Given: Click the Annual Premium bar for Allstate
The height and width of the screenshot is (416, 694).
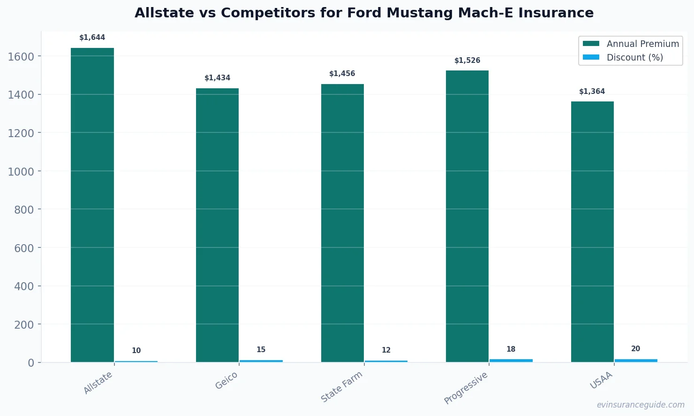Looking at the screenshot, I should tap(92, 205).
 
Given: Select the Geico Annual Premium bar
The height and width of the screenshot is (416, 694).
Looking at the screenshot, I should tap(217, 225).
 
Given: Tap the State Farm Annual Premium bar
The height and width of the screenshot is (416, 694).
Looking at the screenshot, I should tap(342, 223).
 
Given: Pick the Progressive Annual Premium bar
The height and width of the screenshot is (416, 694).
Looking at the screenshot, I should tap(467, 216).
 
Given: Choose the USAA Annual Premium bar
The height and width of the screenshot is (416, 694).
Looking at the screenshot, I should tap(592, 231).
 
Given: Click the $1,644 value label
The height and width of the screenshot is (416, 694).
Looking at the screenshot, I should tap(92, 38).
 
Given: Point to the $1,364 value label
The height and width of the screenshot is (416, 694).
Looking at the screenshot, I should tap(592, 92).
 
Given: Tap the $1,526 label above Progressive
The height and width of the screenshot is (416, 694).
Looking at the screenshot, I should tap(467, 61).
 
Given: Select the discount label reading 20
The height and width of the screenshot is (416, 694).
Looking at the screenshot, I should tap(635, 349).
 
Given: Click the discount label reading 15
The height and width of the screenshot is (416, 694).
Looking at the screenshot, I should tap(261, 350).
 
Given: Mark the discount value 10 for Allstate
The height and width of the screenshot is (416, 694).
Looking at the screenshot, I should tap(136, 351).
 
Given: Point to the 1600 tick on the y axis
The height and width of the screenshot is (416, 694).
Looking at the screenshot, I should tap(21, 56).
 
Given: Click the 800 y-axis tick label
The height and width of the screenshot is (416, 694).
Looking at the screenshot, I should tap(24, 210).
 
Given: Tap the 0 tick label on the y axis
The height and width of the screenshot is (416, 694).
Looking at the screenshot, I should tap(31, 363).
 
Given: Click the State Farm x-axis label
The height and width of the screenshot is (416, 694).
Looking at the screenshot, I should tap(342, 386).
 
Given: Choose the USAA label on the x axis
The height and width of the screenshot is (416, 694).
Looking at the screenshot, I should tap(601, 380).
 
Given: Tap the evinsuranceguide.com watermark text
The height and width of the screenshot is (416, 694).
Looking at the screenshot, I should tap(640, 405).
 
